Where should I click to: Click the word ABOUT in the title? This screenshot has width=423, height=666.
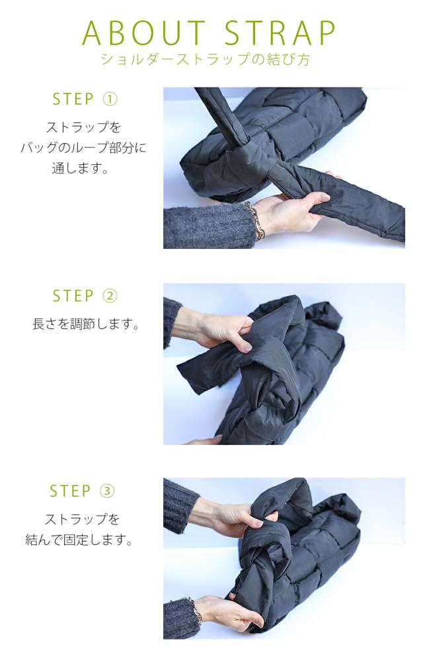coord(143,32)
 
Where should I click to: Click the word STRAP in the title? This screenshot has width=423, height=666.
coord(280,32)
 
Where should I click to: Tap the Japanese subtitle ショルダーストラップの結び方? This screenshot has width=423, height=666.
coord(206,59)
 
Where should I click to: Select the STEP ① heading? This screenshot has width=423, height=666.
coord(85,99)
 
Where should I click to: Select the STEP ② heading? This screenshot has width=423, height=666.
coord(85,296)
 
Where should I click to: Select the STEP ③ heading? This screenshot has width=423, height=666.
coord(82,491)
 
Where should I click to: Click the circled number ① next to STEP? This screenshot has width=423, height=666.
coord(110,99)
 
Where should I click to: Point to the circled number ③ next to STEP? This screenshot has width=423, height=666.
coord(108,491)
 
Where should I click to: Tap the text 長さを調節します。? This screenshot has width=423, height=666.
coord(86,324)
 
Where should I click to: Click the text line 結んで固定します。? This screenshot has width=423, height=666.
coord(80,540)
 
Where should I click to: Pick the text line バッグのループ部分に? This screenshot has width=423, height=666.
coord(83,148)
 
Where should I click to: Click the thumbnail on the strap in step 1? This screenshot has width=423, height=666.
coord(325,197)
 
